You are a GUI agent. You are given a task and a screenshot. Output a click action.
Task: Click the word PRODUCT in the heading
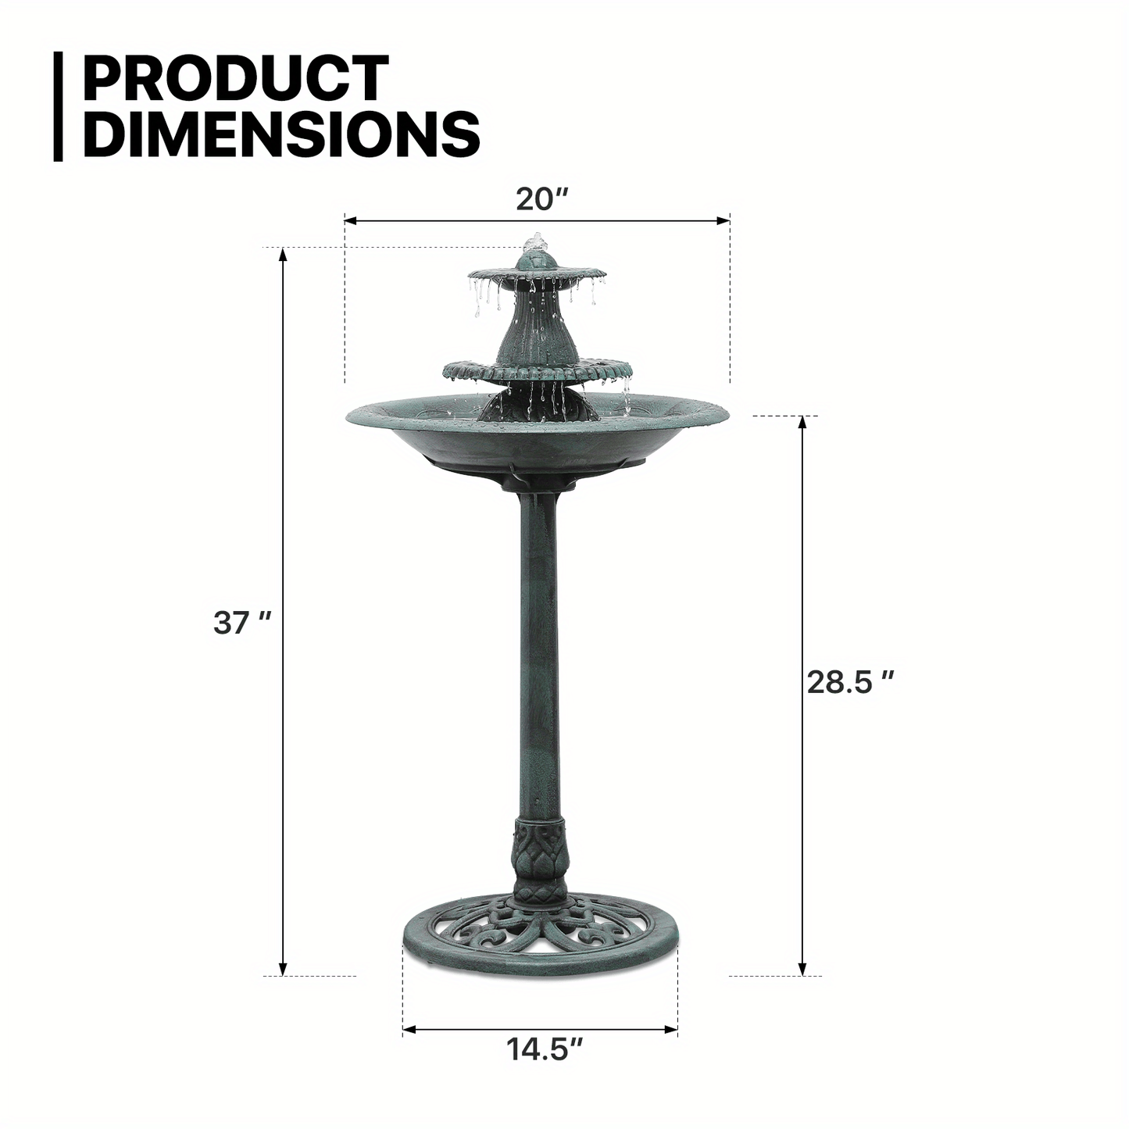click(x=235, y=78)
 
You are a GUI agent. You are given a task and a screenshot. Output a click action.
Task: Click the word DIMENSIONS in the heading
click(x=281, y=134)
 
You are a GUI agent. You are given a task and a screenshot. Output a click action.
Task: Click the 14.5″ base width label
click(x=545, y=1049)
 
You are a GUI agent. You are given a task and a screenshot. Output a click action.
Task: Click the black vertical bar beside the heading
click(x=58, y=106)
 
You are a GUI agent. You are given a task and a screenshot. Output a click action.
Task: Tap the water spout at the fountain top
click(x=536, y=241)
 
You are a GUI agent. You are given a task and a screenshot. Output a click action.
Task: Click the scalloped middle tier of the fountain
click(x=537, y=370)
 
